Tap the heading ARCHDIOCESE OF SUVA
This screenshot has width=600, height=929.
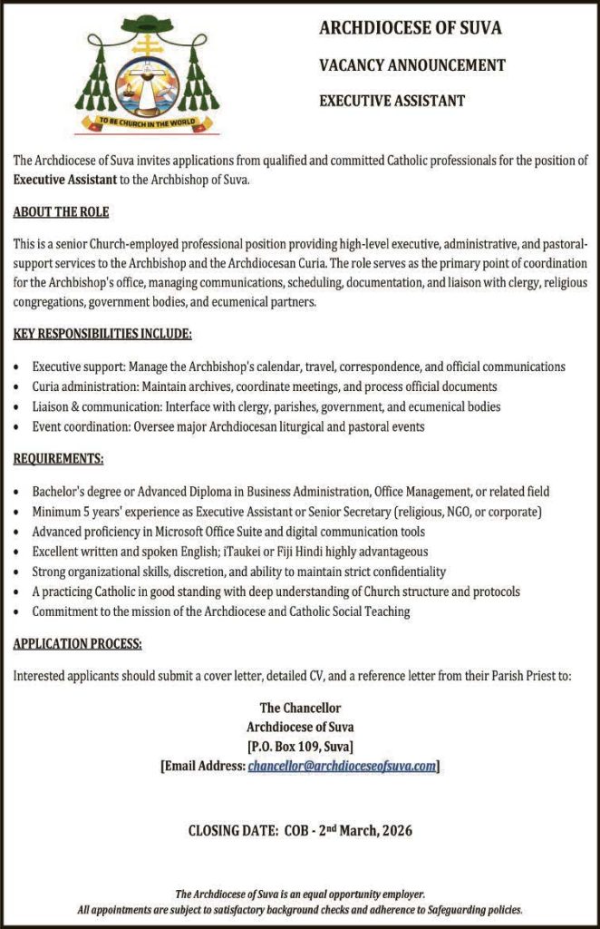point(410,29)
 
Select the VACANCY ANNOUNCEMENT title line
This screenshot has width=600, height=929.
point(411,65)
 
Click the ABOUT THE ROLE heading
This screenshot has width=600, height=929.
point(61,212)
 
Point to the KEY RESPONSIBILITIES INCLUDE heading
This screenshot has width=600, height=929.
point(102,334)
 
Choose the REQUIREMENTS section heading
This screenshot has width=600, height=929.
point(58,459)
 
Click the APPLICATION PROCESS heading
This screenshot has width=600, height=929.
point(77,644)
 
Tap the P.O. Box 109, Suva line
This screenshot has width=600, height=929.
point(300,747)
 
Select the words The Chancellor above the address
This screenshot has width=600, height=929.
point(300,708)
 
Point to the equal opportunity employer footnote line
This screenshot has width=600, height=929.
point(300,894)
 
